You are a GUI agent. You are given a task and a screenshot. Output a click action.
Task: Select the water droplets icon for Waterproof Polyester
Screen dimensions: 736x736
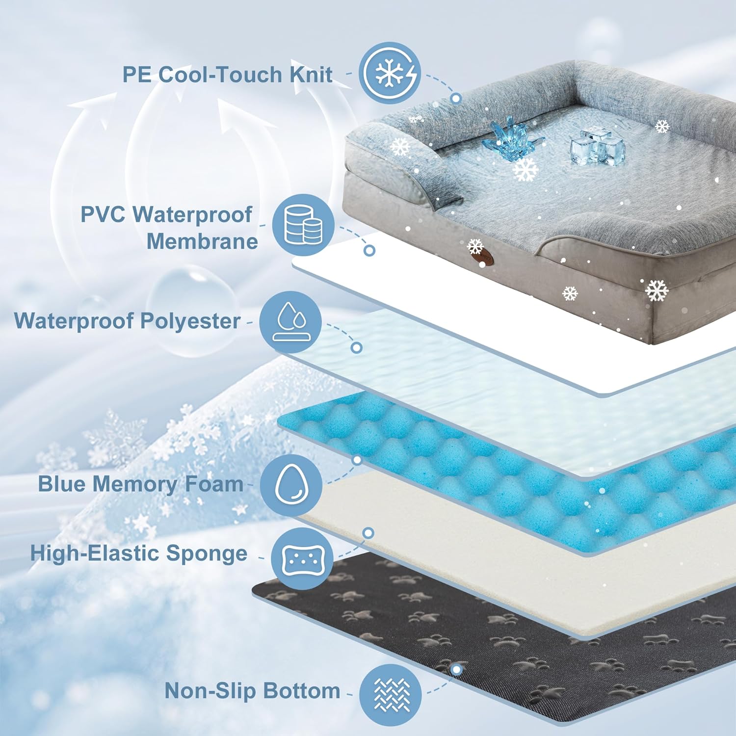coord(290,322)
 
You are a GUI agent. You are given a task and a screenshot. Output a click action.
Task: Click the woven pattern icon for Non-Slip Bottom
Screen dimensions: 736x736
coord(391,695)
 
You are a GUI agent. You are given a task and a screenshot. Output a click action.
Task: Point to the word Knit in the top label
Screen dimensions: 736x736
coord(311,75)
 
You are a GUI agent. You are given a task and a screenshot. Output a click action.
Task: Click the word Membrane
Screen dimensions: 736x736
coord(202,241)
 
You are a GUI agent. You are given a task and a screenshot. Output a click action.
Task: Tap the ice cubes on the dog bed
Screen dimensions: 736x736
coord(597,146)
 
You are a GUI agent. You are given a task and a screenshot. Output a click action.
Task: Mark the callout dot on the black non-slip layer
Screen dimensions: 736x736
coord(457,669)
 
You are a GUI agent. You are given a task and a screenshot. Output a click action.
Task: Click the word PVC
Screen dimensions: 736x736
coord(102,214)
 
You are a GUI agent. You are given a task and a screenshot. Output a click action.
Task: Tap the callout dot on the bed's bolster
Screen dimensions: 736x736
coord(456,98)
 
